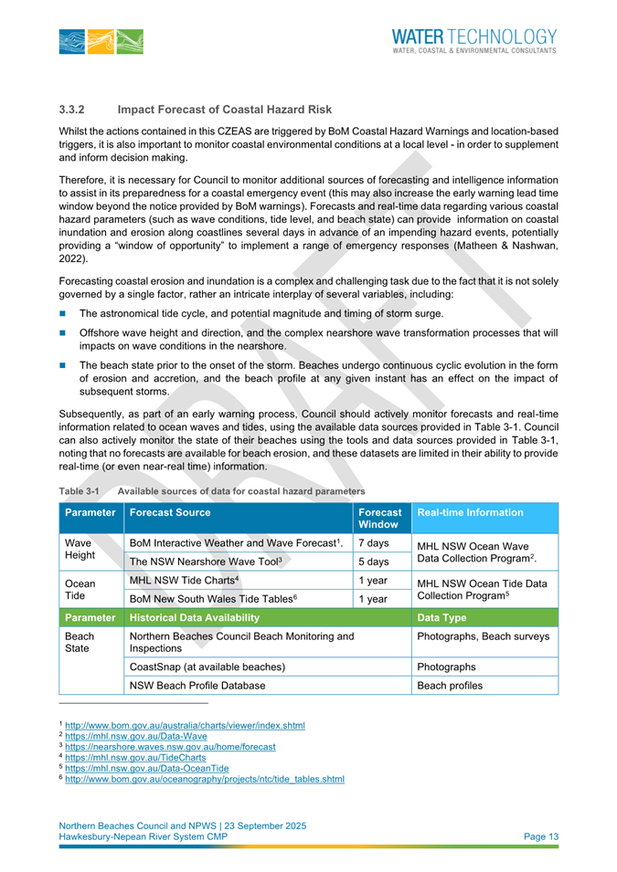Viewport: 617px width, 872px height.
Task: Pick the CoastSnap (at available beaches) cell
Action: [x=204, y=664]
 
